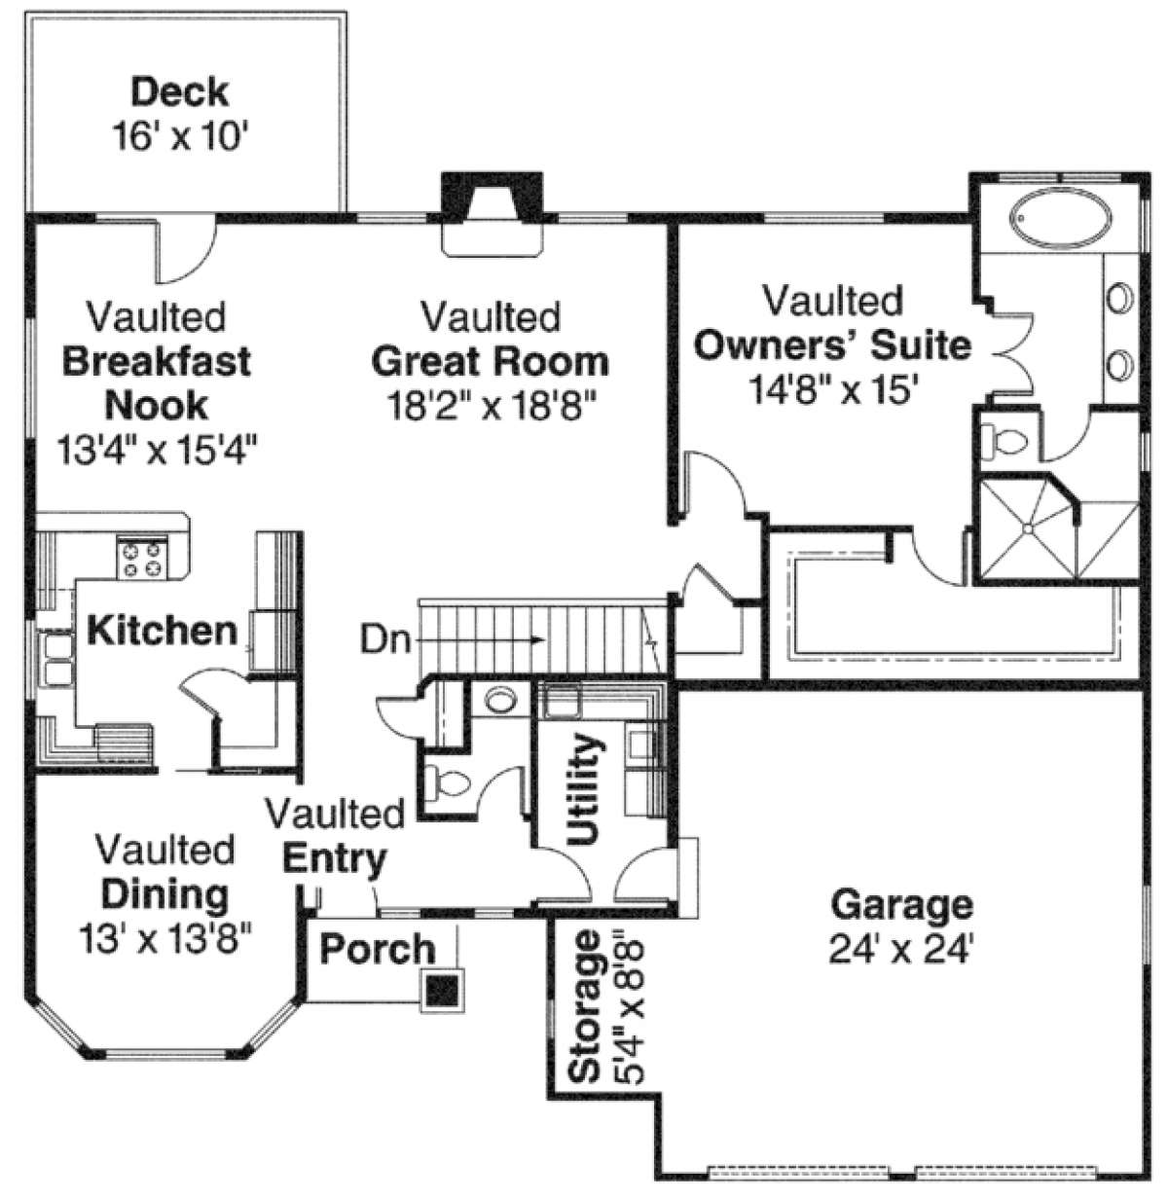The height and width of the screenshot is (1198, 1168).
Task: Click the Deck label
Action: click(180, 91)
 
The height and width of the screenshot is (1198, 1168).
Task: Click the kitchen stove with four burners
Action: click(142, 558)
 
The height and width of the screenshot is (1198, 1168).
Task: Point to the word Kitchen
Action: click(162, 631)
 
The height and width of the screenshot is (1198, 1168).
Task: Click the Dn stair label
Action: click(385, 639)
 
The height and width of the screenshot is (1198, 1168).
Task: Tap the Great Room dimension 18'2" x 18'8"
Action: click(492, 406)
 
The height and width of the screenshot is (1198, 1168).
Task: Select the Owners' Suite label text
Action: click(833, 346)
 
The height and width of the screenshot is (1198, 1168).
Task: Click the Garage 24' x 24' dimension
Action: click(901, 949)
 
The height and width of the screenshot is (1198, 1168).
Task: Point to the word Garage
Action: click(902, 904)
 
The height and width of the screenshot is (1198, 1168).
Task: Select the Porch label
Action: click(378, 948)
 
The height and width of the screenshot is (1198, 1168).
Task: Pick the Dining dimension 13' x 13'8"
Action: click(166, 940)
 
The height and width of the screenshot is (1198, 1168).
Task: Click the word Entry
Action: click(334, 859)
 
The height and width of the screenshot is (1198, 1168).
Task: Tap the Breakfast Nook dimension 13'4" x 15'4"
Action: click(157, 450)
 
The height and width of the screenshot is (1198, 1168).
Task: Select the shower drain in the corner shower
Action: click(1027, 528)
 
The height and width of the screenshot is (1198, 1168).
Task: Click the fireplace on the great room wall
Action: click(493, 212)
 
